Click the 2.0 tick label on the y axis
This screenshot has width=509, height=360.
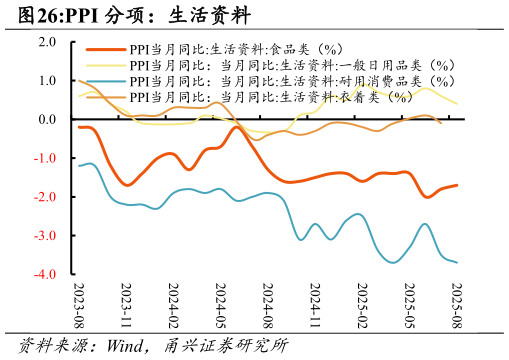coord(48,42)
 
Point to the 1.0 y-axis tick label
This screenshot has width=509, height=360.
coord(48,81)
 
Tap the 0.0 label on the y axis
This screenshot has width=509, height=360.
coord(48,120)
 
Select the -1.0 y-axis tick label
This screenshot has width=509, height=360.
coord(46,159)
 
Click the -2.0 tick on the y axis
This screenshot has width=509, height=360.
coord(46,197)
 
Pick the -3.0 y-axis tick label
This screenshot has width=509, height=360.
coord(46,236)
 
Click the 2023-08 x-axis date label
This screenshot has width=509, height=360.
coord(79,305)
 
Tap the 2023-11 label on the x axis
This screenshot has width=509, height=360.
coord(126,305)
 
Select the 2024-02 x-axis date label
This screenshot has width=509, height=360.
coord(173,305)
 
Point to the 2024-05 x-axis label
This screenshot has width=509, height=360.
coord(220,305)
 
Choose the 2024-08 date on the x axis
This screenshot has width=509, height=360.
coord(267,305)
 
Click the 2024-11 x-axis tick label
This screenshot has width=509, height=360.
coord(314,305)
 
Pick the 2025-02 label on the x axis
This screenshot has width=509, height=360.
coord(361,305)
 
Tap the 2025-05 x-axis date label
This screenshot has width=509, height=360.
coord(408,305)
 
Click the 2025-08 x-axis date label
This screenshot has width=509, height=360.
coord(455,305)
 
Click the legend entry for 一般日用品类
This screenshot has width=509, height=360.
coord(291,65)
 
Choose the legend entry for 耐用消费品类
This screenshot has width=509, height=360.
coord(291,81)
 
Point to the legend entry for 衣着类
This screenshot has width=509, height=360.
coord(270,97)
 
